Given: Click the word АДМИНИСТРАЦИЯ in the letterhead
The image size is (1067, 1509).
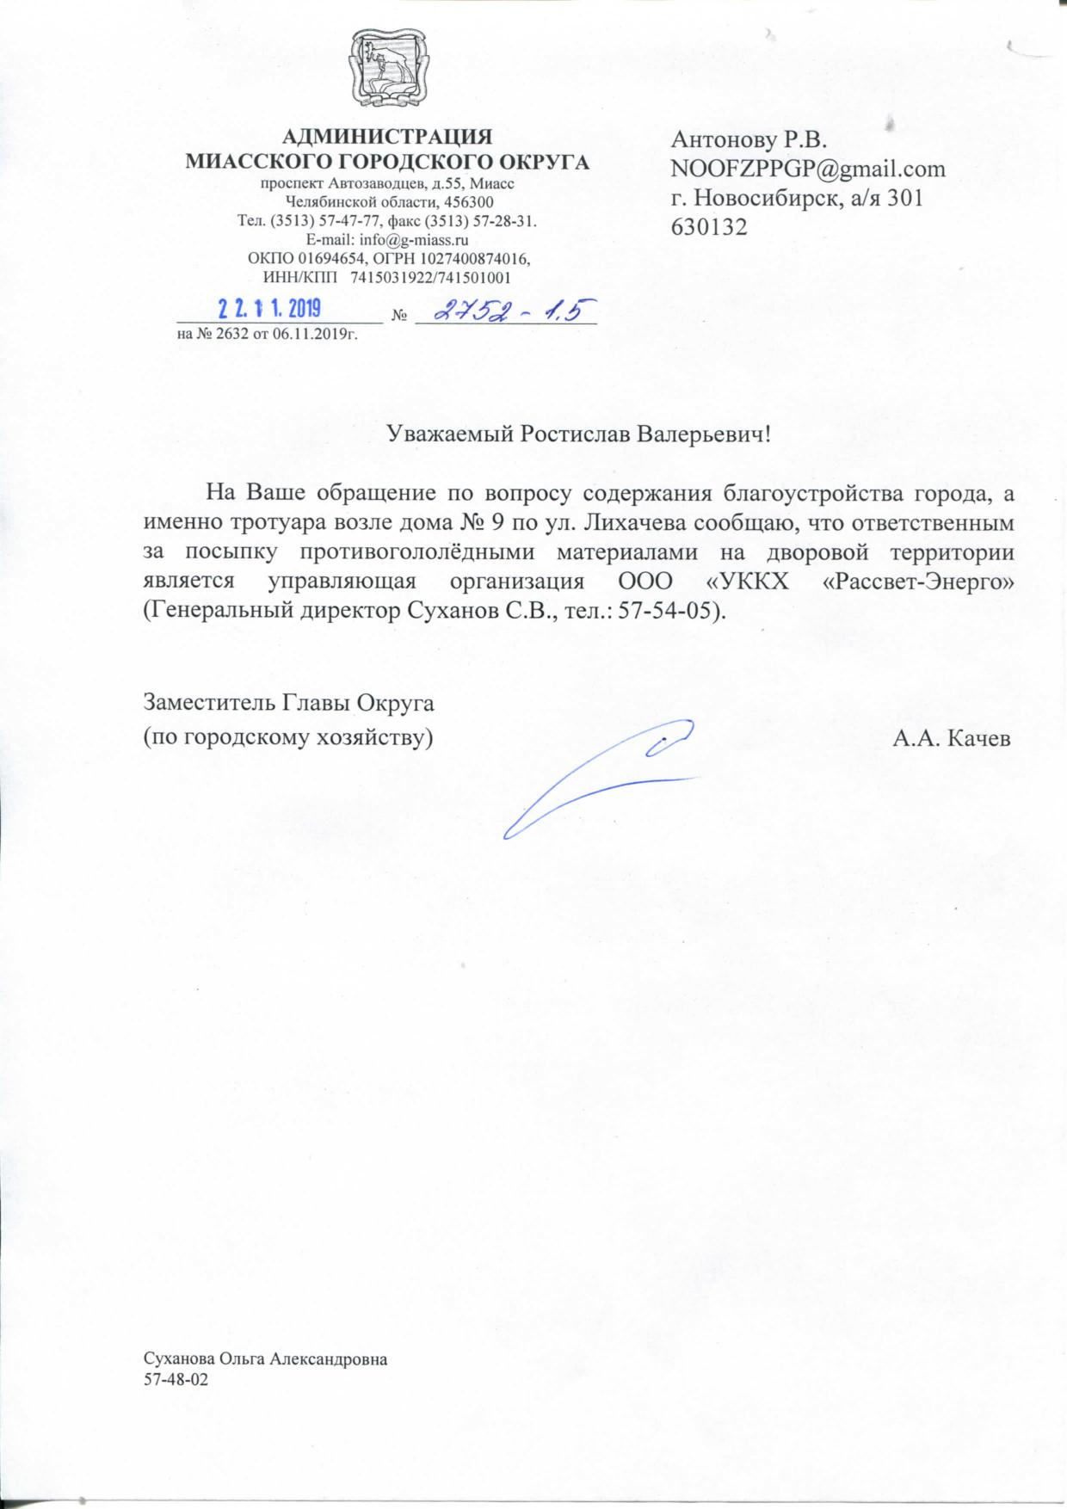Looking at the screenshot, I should point(388,137).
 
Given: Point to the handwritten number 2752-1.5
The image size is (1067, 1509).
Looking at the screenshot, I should point(503,311).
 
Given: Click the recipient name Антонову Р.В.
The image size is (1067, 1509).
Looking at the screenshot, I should point(748,138).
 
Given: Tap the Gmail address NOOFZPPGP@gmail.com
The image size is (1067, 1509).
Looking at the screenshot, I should point(808,168).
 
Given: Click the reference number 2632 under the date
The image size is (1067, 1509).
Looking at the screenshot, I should point(221,334).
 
